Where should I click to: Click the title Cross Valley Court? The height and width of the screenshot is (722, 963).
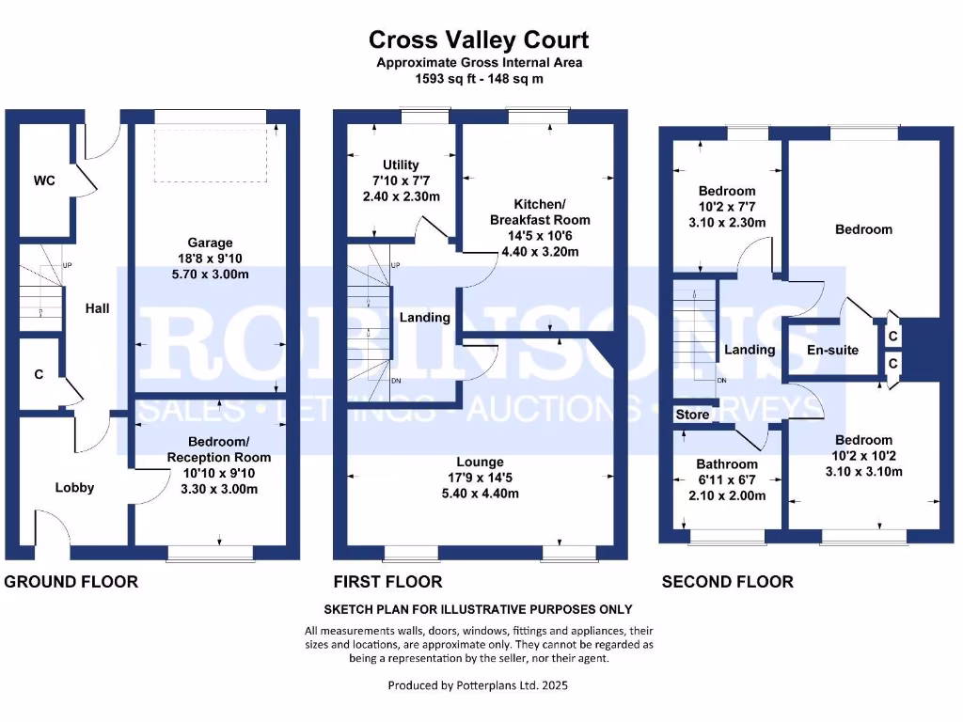pos(479,39)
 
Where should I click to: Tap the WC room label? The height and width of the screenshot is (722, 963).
pos(44,180)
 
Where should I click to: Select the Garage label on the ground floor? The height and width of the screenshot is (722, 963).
pos(210,243)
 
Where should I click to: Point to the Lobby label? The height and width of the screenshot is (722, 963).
pos(74,487)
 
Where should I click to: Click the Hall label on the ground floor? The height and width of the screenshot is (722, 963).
pos(97,307)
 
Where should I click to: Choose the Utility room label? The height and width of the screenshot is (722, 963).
pos(401,165)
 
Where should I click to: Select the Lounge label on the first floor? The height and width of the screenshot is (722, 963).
pos(480,462)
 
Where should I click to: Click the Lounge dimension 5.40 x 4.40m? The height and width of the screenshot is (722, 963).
pos(480,494)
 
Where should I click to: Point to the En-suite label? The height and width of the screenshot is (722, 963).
pos(832,350)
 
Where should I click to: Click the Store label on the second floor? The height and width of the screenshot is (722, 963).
pos(692,415)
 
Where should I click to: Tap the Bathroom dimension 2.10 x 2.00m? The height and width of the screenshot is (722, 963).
pos(726,495)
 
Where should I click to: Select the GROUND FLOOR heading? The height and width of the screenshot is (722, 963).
pos(71,582)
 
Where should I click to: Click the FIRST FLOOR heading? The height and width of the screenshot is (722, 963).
pos(387,582)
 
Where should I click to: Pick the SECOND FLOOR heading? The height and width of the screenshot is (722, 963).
pos(727,582)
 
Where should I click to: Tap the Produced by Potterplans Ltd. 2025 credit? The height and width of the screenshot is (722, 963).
pos(478,685)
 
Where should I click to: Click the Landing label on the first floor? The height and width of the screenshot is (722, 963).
pos(425,318)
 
